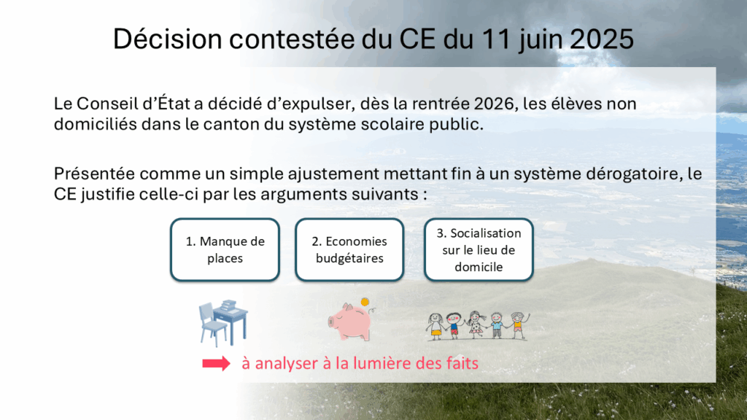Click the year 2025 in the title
[602, 39]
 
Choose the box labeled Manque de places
[225, 249]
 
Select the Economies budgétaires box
[349, 249]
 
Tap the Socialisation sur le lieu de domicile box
[479, 249]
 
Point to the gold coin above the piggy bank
[365, 302]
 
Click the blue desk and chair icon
[223, 323]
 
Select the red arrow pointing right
[216, 364]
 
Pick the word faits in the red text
[462, 363]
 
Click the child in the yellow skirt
[435, 326]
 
